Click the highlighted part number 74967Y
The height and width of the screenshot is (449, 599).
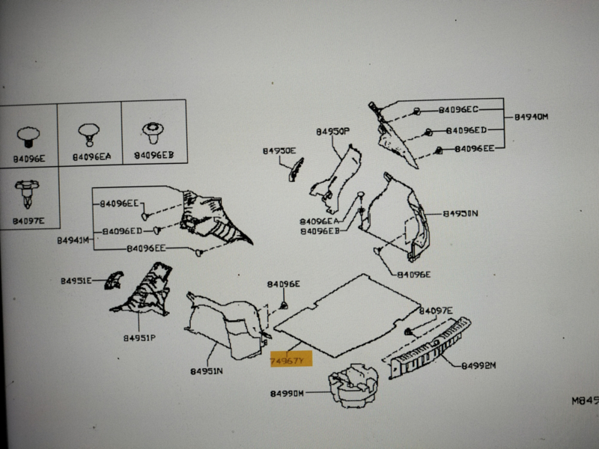tap(288, 361)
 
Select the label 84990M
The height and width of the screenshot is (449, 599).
tap(287, 394)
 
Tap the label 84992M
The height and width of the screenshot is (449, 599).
tap(478, 366)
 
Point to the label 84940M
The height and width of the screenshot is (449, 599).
tap(531, 117)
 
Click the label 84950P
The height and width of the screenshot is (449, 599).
tap(332, 132)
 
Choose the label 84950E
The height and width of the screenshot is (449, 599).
tap(279, 151)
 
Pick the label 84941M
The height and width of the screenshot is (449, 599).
tap(73, 241)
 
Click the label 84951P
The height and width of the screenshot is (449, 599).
tap(139, 337)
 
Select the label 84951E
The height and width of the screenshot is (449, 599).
tap(76, 281)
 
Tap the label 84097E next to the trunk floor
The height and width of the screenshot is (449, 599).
tap(436, 311)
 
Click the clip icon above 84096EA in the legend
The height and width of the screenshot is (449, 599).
tap(89, 134)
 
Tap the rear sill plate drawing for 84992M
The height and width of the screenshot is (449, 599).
tap(430, 344)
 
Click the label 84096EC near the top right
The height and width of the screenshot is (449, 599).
tap(458, 110)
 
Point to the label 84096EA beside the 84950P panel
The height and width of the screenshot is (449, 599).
tap(320, 222)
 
